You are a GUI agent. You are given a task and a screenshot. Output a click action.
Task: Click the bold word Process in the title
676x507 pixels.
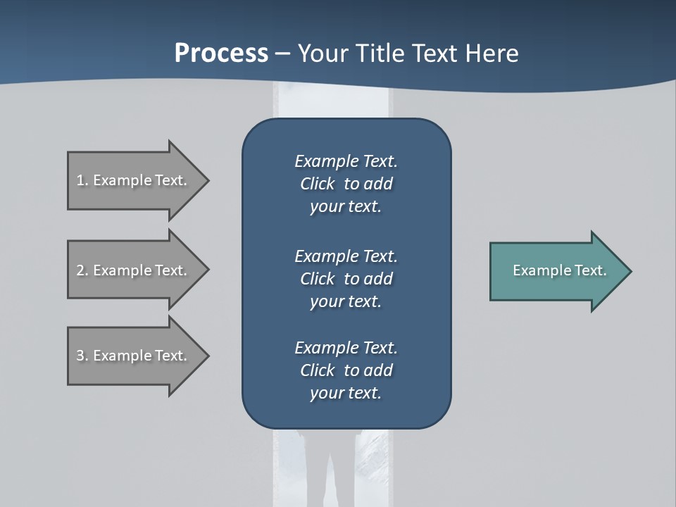[x=221, y=54]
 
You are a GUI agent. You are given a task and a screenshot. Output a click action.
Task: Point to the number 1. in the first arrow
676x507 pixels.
[x=82, y=180]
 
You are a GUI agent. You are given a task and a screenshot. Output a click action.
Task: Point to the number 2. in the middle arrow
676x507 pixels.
[x=82, y=270]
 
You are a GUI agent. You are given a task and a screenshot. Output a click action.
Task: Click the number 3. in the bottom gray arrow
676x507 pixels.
[x=82, y=356]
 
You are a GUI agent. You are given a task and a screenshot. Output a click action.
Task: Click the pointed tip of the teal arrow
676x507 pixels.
[x=629, y=271]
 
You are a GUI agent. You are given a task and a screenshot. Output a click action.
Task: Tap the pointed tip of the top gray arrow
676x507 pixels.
[x=206, y=180]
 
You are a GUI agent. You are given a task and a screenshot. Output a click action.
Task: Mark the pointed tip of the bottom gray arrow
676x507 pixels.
[x=206, y=356]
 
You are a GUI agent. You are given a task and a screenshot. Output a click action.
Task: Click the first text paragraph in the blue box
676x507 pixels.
[x=346, y=184]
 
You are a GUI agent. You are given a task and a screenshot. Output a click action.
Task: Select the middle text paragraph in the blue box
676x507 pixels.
[x=346, y=278]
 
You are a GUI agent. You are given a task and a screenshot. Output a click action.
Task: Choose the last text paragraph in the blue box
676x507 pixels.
[x=346, y=370]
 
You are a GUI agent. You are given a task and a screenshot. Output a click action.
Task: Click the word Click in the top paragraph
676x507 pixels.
[x=317, y=184]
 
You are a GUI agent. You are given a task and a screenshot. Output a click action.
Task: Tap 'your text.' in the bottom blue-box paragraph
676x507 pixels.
[x=346, y=393]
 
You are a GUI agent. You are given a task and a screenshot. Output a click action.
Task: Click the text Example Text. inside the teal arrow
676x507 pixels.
[x=559, y=270]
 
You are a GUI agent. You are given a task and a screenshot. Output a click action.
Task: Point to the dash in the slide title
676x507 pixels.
[x=282, y=54]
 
